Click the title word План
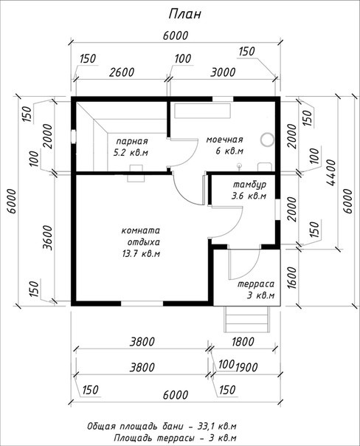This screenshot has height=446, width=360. point(184,14)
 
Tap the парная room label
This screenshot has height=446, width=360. point(132,141)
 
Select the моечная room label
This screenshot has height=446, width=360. point(224,140)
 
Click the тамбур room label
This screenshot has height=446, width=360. point(250,185)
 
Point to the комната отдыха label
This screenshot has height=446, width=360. point(141,236)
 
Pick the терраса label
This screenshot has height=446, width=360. point(256,284)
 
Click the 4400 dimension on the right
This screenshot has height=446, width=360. point(331,173)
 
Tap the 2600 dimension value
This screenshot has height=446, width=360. point(122,72)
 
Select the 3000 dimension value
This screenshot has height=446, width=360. point(223,72)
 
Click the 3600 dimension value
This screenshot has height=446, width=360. point(48,238)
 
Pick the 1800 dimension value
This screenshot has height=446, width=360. point(243,342)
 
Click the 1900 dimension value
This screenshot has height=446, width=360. point(246,367)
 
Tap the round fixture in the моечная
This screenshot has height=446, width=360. point(267,140)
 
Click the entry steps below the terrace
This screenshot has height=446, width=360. point(246,319)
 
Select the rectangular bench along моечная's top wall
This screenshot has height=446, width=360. point(203,111)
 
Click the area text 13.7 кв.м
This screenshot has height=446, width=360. point(141,253)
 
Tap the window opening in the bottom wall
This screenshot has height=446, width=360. point(142,303)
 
